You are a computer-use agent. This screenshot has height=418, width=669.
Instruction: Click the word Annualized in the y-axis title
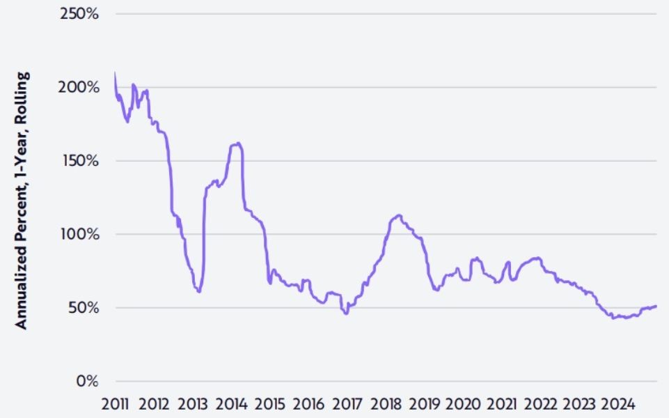(22, 279)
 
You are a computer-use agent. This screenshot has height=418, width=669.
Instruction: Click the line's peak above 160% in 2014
(238, 144)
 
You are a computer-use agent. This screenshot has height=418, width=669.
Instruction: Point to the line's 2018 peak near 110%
(398, 215)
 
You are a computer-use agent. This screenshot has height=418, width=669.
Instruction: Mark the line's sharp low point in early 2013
(199, 291)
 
